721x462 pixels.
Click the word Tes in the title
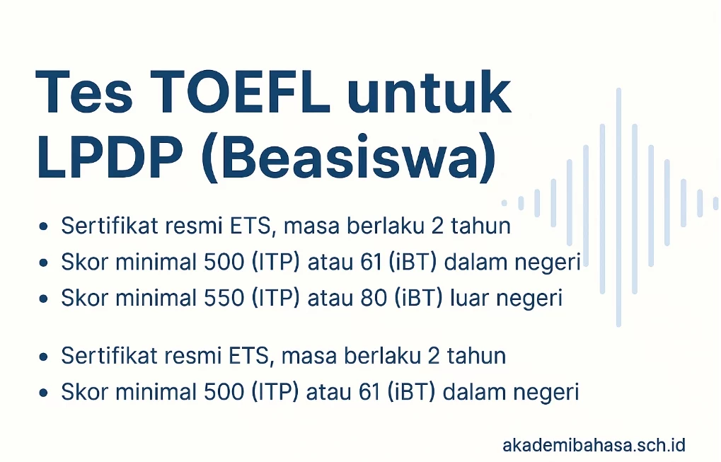[x=83, y=92]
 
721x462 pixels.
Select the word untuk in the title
[x=429, y=92]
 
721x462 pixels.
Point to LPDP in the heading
[x=110, y=157]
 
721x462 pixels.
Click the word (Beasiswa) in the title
[x=349, y=158]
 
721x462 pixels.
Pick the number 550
[x=224, y=298]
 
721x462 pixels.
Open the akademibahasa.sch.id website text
[x=594, y=446]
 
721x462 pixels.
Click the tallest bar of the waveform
[x=618, y=207]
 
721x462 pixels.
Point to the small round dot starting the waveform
[x=504, y=203]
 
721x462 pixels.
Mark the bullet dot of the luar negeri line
[x=44, y=299]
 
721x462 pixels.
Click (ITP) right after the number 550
[x=275, y=298]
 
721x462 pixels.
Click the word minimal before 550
[x=156, y=298]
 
